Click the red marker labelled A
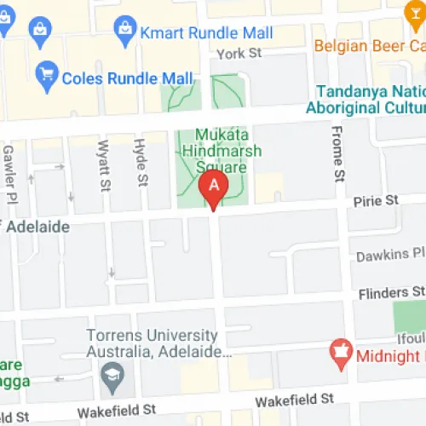pos(213,186)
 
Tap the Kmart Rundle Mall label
pos(208,33)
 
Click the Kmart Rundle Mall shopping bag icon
pos(126,33)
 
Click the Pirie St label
pos(377,200)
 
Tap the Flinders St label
pos(389,292)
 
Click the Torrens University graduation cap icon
pos(112,373)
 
